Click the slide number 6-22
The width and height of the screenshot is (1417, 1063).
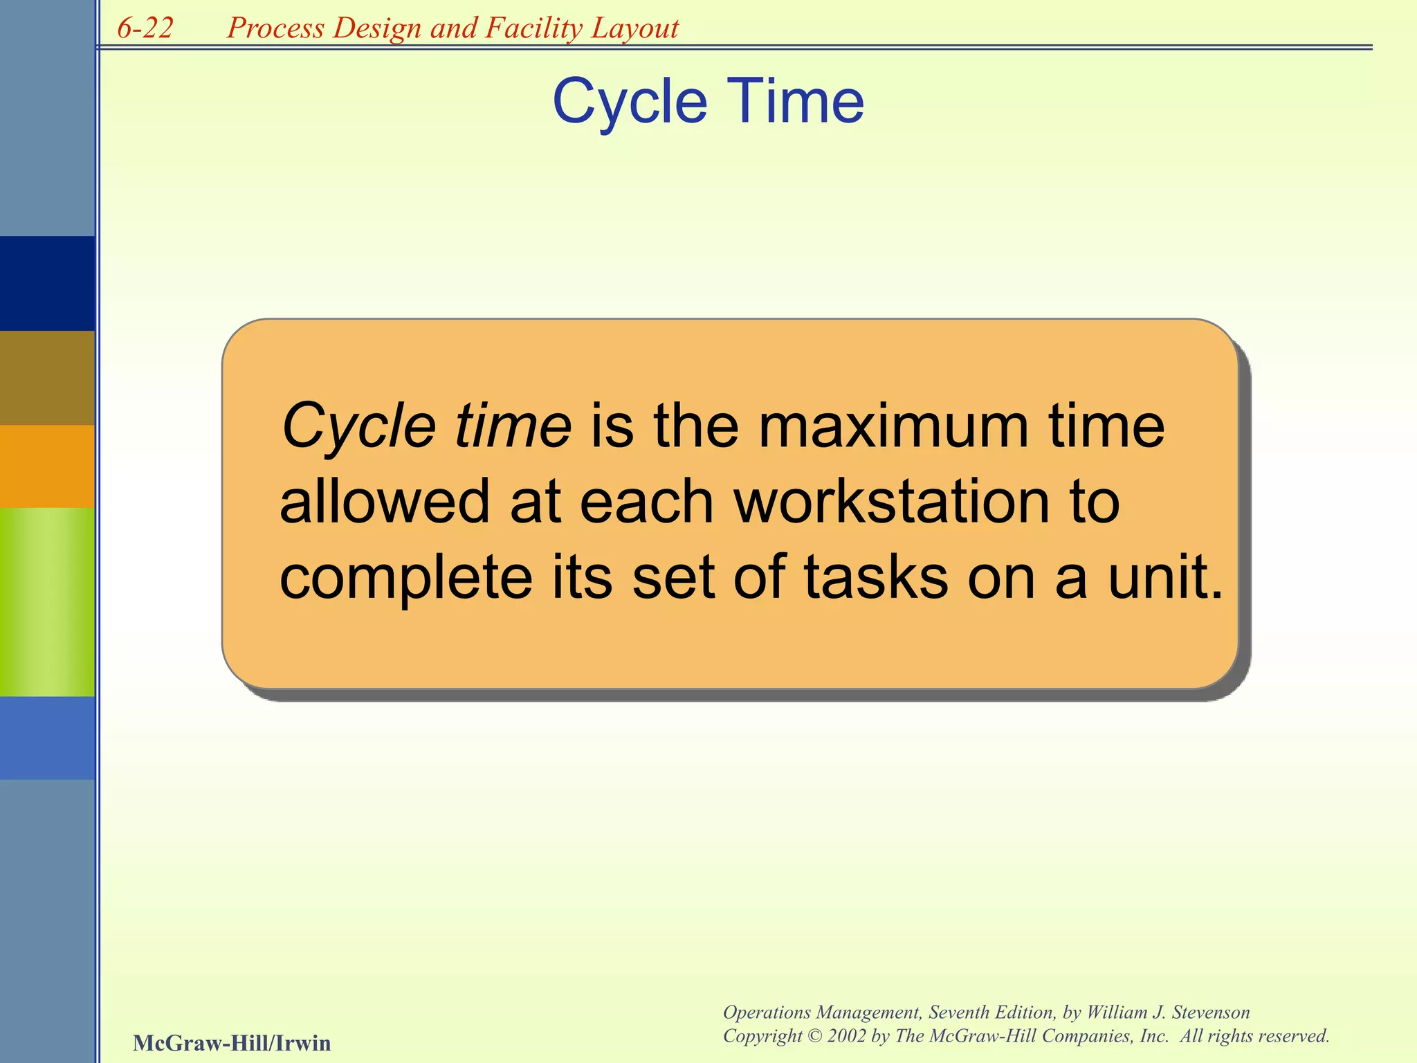pos(145,28)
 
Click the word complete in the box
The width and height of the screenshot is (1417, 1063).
pos(405,578)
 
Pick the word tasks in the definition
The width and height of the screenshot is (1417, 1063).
pos(876,578)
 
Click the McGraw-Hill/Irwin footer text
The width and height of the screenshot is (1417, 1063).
pos(232,1043)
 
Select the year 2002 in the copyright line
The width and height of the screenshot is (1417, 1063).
pos(847,1036)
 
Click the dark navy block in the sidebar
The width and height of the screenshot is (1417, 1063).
pos(47,283)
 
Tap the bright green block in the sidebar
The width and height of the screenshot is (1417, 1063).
pos(47,601)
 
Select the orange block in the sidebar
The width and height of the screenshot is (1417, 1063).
pos(47,466)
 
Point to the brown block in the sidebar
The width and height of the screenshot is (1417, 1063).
pos(47,377)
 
